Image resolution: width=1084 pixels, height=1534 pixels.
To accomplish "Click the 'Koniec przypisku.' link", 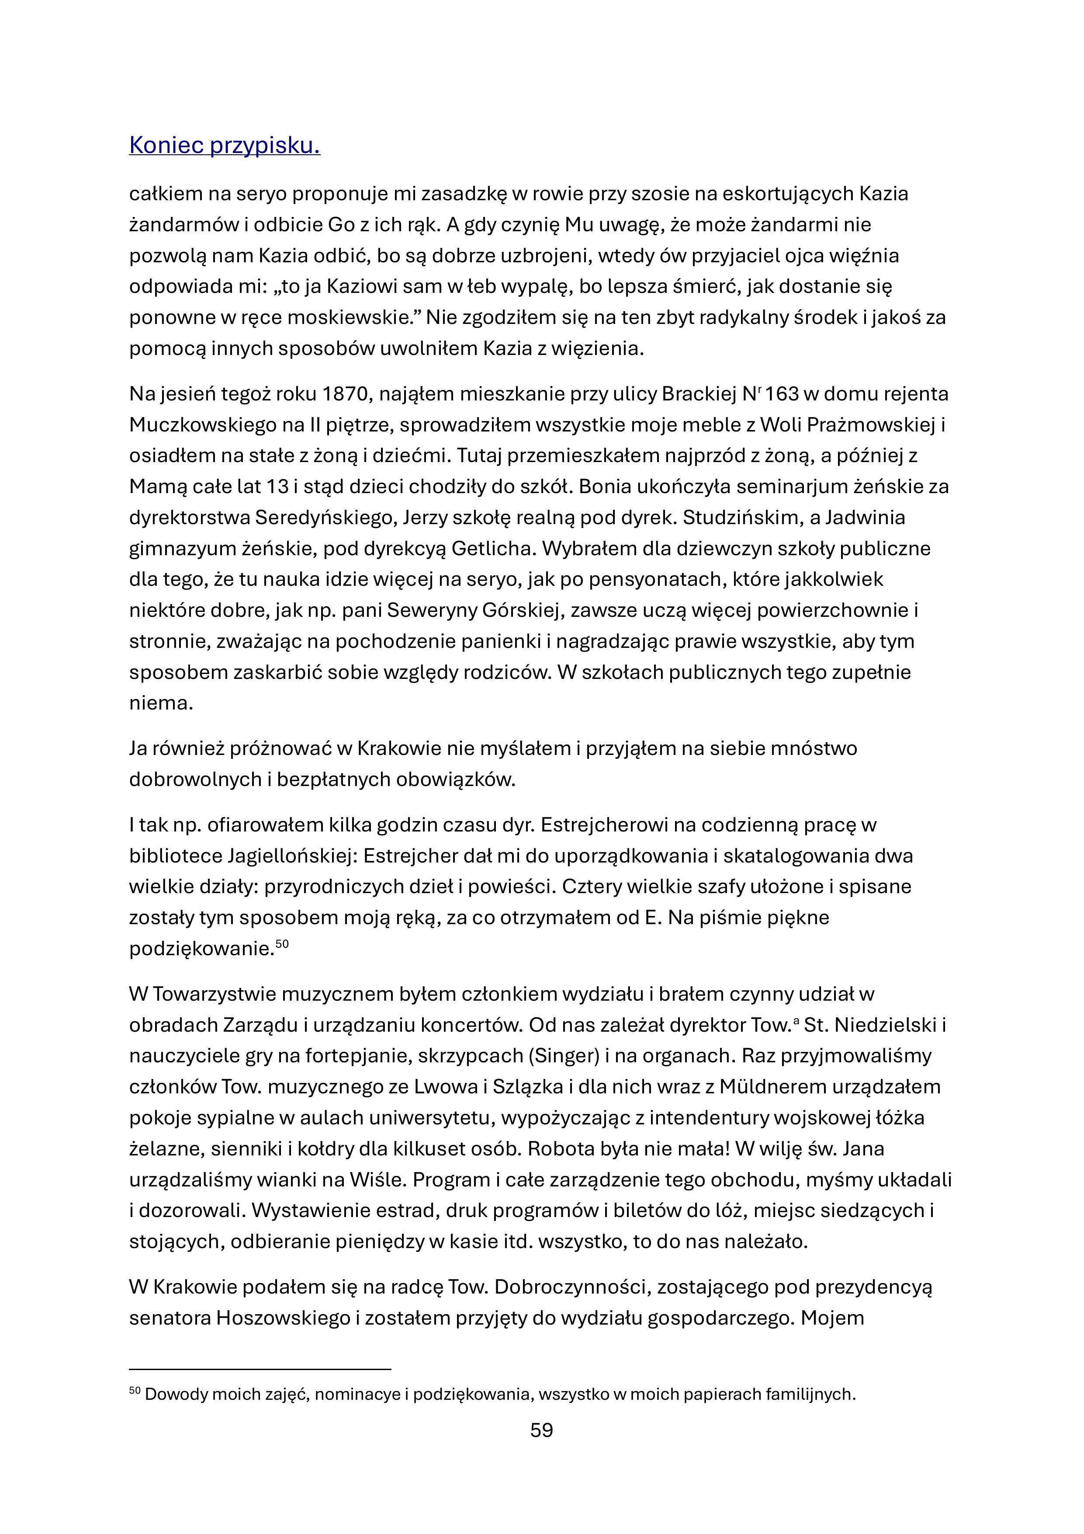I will [225, 145].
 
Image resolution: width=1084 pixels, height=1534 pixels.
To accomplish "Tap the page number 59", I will [542, 1430].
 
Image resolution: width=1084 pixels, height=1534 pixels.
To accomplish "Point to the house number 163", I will [782, 394].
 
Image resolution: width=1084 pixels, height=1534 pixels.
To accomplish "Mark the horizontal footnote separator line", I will [260, 1369].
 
